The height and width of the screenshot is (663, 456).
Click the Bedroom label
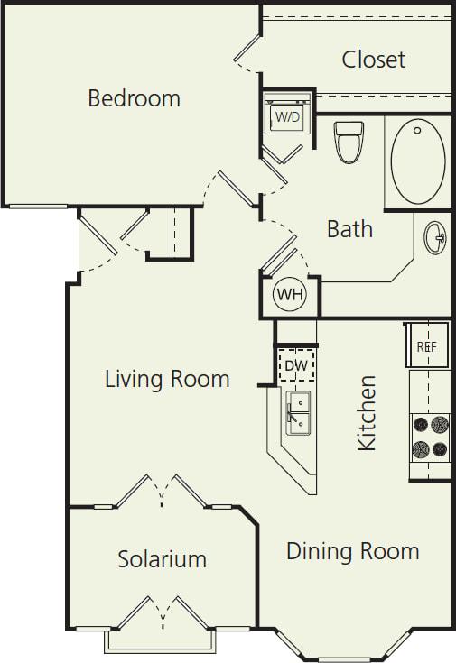(134, 97)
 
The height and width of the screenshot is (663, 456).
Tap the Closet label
(373, 60)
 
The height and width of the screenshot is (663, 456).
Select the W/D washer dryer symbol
(286, 117)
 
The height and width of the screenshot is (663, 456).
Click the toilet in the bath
(349, 142)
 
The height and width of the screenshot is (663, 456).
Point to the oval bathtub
(417, 160)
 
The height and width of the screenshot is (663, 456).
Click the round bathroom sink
(435, 238)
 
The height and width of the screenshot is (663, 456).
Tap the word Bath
(349, 229)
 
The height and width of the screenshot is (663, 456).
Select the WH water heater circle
(290, 295)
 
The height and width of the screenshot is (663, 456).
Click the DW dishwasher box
(295, 364)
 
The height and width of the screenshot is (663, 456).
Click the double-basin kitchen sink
(299, 414)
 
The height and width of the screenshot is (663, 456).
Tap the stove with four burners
(430, 437)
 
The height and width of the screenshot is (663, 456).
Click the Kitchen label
(367, 413)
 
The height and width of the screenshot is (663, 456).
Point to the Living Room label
(167, 379)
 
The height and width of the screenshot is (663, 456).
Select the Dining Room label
(352, 550)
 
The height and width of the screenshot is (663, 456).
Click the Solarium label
(162, 559)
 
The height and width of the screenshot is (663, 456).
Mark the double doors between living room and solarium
(163, 493)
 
